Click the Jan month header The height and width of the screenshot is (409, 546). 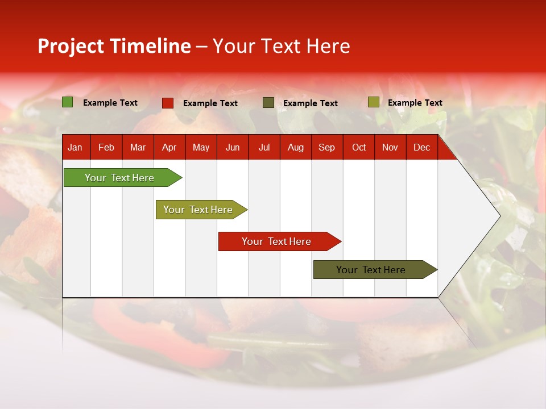pyautogui.click(x=75, y=148)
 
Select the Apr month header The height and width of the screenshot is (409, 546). pyautogui.click(x=169, y=148)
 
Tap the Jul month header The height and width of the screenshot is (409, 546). pyautogui.click(x=264, y=148)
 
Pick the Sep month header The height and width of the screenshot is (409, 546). pyautogui.click(x=326, y=148)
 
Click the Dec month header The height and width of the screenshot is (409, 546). pyautogui.click(x=421, y=148)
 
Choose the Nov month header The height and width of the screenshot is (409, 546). pyautogui.click(x=390, y=148)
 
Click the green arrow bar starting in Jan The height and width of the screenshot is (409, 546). pyautogui.click(x=119, y=178)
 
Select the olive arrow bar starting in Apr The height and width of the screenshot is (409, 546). pyautogui.click(x=198, y=210)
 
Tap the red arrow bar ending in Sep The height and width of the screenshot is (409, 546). pyautogui.click(x=276, y=241)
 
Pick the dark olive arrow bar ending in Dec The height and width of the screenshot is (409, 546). pyautogui.click(x=371, y=270)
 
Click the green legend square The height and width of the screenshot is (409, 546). pyautogui.click(x=67, y=102)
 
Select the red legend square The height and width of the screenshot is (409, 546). pyautogui.click(x=167, y=103)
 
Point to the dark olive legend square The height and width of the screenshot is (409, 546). pyautogui.click(x=268, y=103)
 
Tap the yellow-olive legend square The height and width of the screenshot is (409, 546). pyautogui.click(x=373, y=102)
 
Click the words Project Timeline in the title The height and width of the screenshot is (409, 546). pyautogui.click(x=114, y=46)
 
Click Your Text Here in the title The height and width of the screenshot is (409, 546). pyautogui.click(x=281, y=46)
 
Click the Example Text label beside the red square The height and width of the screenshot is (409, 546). pyautogui.click(x=210, y=103)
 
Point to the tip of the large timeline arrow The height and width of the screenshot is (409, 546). pyautogui.click(x=499, y=216)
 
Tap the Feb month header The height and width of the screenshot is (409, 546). pyautogui.click(x=106, y=148)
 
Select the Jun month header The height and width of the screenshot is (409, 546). pyautogui.click(x=232, y=148)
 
